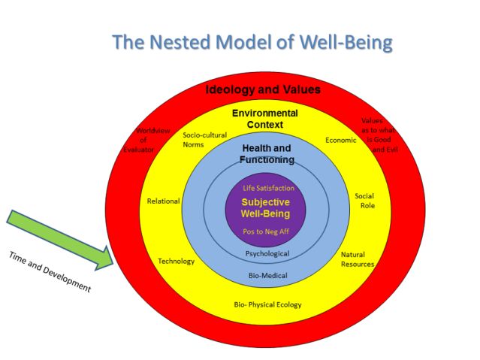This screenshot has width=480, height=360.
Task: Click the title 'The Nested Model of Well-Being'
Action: (x=252, y=41)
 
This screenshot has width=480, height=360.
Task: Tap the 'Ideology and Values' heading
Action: (x=263, y=89)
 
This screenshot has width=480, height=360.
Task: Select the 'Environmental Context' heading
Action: (x=264, y=119)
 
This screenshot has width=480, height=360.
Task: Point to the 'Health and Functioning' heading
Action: (x=266, y=153)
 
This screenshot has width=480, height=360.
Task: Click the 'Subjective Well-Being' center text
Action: (x=265, y=207)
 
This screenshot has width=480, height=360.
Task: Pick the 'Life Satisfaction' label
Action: (x=268, y=188)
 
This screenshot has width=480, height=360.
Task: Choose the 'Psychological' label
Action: (x=267, y=254)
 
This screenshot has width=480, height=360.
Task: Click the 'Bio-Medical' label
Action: (x=267, y=276)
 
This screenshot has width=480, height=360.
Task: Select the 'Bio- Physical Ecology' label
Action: (x=267, y=304)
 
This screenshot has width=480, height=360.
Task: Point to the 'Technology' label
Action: (x=176, y=262)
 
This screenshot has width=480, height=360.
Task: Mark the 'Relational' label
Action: (x=163, y=201)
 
